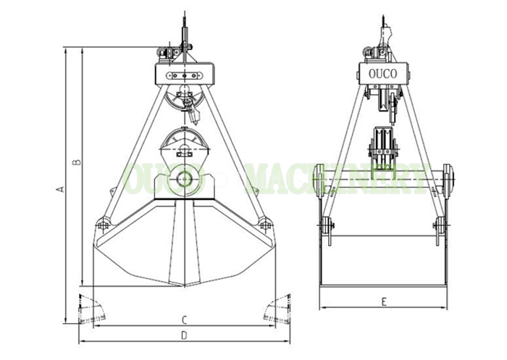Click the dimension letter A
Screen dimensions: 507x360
[x=60, y=189]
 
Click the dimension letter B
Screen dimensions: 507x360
[x=77, y=162]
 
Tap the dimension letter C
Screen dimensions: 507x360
[x=184, y=320]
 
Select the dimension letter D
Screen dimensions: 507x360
[x=184, y=335]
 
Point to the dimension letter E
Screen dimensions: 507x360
[x=384, y=302]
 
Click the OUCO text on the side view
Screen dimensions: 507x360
[x=383, y=74]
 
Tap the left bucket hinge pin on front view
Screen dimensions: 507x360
[x=103, y=224]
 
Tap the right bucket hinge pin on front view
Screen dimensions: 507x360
[x=265, y=224]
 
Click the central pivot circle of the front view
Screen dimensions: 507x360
[x=184, y=179]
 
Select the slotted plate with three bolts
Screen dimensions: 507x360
[x=184, y=75]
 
